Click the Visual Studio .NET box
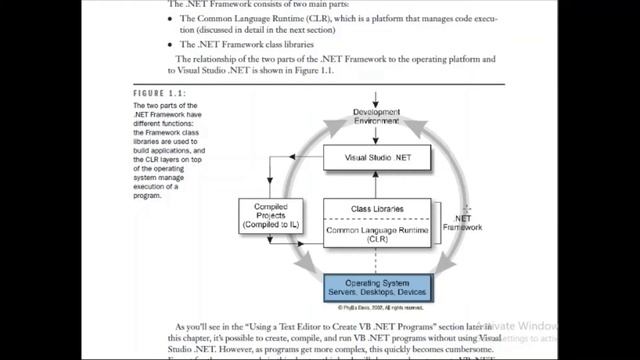pyautogui.click(x=375, y=158)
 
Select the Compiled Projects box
pyautogui.click(x=270, y=216)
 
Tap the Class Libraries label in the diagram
pyautogui.click(x=375, y=209)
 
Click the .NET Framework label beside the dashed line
pyautogui.click(x=463, y=222)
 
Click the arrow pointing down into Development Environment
pyautogui.click(x=377, y=100)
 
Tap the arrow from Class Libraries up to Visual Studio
pyautogui.click(x=377, y=185)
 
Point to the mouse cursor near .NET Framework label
pyautogui.click(x=467, y=209)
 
